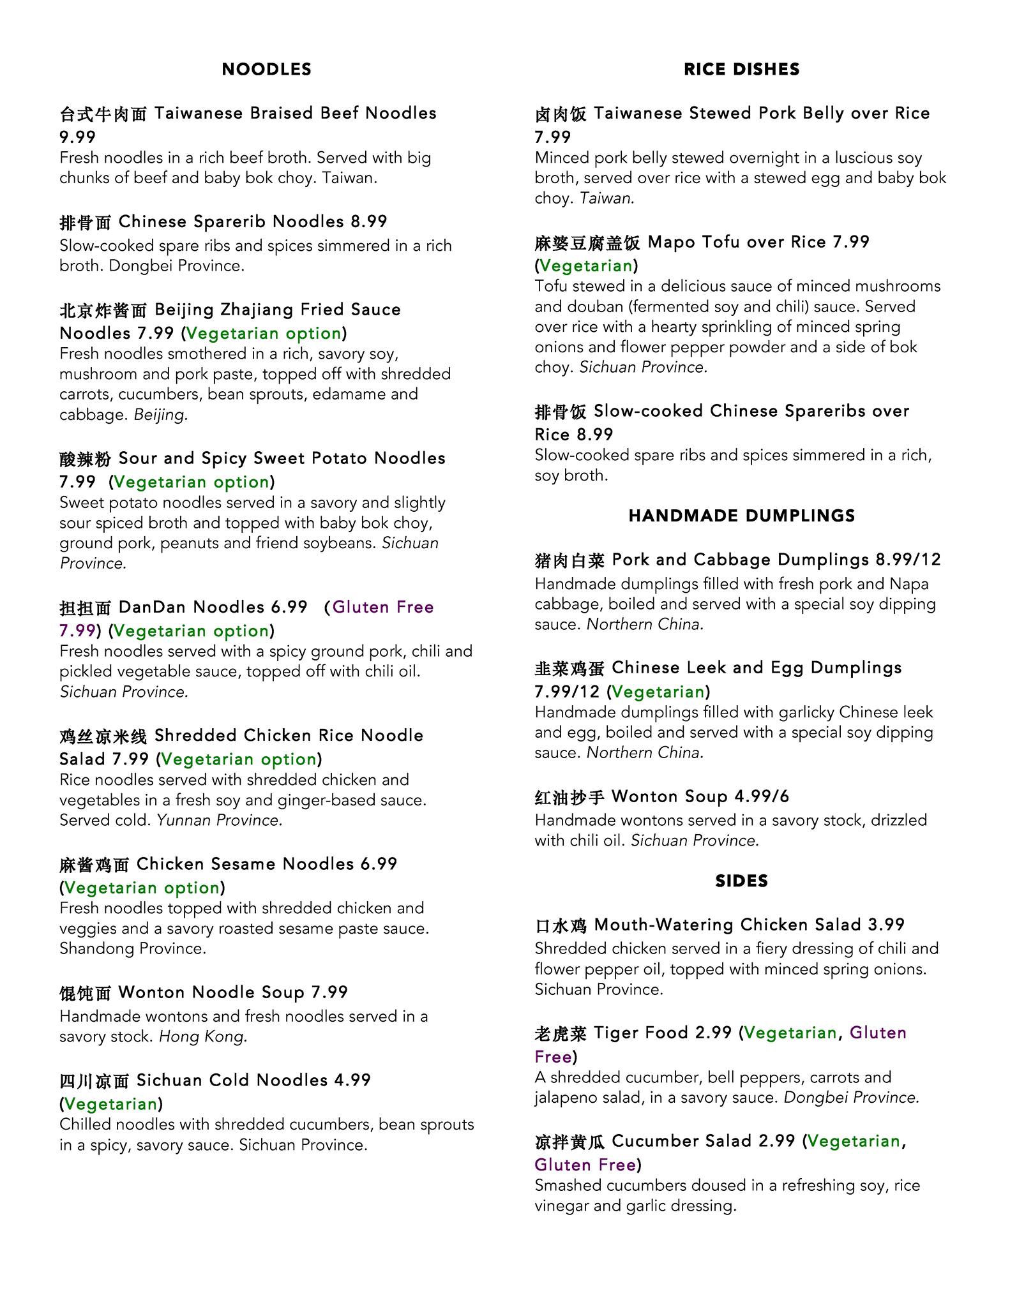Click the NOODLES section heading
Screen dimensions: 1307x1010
(266, 69)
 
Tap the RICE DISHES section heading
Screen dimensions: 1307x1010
(741, 69)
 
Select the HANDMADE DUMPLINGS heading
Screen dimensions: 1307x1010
(741, 516)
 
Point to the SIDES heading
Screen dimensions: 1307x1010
(741, 881)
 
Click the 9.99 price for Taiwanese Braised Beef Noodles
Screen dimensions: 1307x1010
(77, 137)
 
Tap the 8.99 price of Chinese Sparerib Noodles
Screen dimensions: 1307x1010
(368, 221)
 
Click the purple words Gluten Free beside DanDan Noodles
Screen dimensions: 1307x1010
(383, 607)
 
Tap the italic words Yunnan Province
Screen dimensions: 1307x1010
(220, 820)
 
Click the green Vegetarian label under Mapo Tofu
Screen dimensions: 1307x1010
(586, 265)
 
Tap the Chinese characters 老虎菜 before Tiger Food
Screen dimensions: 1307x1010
(561, 1033)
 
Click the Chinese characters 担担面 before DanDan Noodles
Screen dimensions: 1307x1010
(86, 608)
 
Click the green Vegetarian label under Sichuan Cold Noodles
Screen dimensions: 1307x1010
(111, 1104)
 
